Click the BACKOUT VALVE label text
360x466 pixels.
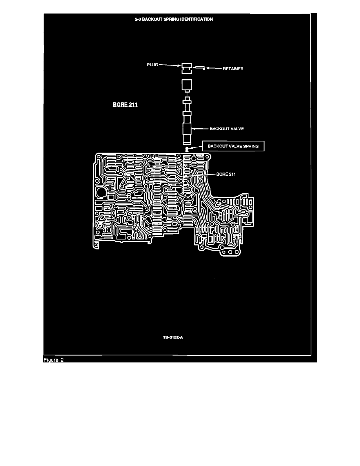tap(227, 129)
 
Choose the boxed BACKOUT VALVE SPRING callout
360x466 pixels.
tap(233, 146)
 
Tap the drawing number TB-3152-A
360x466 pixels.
tap(173, 337)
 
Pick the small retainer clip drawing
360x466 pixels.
tap(200, 68)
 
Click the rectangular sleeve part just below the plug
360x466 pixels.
tap(187, 85)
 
